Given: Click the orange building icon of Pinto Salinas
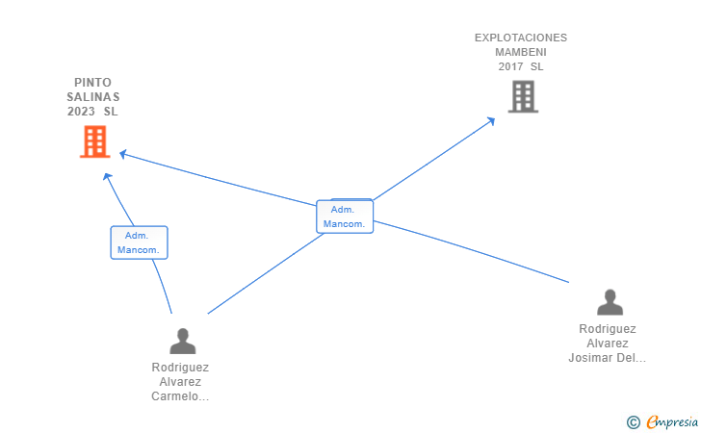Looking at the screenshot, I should coord(94,142).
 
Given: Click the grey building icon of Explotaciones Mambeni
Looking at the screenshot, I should coord(523,96).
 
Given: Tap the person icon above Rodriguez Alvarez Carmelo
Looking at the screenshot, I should coord(182,341).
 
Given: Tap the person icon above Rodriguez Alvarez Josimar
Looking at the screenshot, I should coord(610,302).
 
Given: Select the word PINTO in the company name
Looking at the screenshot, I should coord(92,83).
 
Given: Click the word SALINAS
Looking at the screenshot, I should coord(93,97).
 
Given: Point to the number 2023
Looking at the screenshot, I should coord(81,112).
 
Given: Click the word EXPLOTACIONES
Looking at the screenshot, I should coord(521,38).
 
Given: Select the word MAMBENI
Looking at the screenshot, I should coord(521,53).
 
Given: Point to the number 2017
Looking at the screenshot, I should coord(511,67).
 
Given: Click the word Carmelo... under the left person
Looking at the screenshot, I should coord(180,396).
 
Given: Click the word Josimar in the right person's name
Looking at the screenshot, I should coord(589,358).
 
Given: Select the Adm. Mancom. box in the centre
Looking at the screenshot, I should coord(344,216).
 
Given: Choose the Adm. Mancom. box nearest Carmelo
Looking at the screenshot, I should coord(139,242).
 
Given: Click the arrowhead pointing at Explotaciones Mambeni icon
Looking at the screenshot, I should coord(490,121).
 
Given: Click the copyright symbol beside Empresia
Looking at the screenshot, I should coord(633,421).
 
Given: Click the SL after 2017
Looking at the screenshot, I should coord(536,67).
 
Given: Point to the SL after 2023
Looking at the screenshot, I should coord(111,112).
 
